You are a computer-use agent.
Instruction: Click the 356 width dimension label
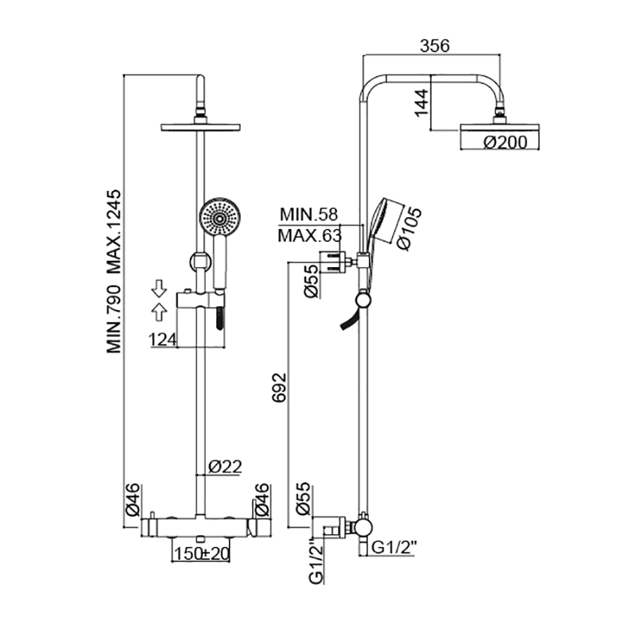tap(434, 46)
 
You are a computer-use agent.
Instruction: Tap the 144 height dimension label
tap(422, 103)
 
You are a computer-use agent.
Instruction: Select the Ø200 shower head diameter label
tap(506, 142)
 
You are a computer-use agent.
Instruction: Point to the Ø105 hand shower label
tap(410, 228)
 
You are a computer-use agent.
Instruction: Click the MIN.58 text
tap(308, 215)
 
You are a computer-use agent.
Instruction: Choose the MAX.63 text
tap(310, 235)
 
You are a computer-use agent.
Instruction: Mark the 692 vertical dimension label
tap(279, 387)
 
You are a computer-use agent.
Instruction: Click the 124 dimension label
tap(163, 340)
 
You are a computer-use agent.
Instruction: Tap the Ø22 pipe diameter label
tap(225, 467)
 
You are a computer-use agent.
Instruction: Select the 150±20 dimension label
tap(202, 553)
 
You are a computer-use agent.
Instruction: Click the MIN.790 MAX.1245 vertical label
tap(114, 271)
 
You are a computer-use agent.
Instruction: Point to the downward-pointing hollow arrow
tap(159, 289)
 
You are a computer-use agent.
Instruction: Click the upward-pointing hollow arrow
tap(159, 312)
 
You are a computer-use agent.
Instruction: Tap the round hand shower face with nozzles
tap(220, 218)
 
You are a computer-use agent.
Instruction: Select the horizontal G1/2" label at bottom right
tap(394, 548)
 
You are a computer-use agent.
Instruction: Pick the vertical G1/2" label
tap(316, 561)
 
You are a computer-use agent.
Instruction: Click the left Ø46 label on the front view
tap(133, 499)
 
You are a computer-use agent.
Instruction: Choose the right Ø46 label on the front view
tap(262, 499)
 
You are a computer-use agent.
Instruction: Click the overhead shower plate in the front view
tap(200, 127)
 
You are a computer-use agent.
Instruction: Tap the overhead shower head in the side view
tap(500, 127)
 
